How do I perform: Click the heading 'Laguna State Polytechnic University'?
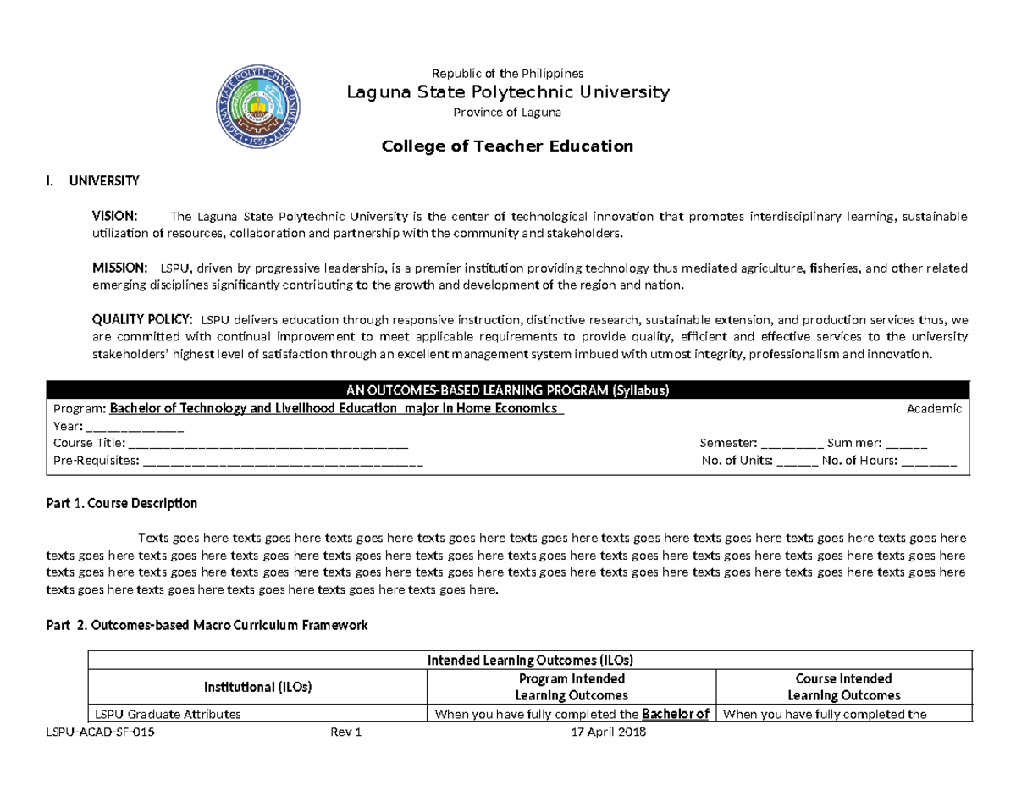point(508,91)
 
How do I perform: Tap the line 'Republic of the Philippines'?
point(508,73)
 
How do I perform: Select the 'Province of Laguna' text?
point(508,113)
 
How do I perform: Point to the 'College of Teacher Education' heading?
point(508,146)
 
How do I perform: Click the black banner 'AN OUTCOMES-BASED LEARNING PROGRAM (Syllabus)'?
point(508,390)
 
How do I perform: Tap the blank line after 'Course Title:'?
point(268,443)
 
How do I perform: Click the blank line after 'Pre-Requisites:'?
point(283,462)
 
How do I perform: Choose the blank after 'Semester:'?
point(792,443)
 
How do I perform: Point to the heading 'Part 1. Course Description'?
point(120,503)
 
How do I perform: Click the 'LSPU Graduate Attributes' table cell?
point(168,714)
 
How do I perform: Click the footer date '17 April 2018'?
point(610,732)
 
